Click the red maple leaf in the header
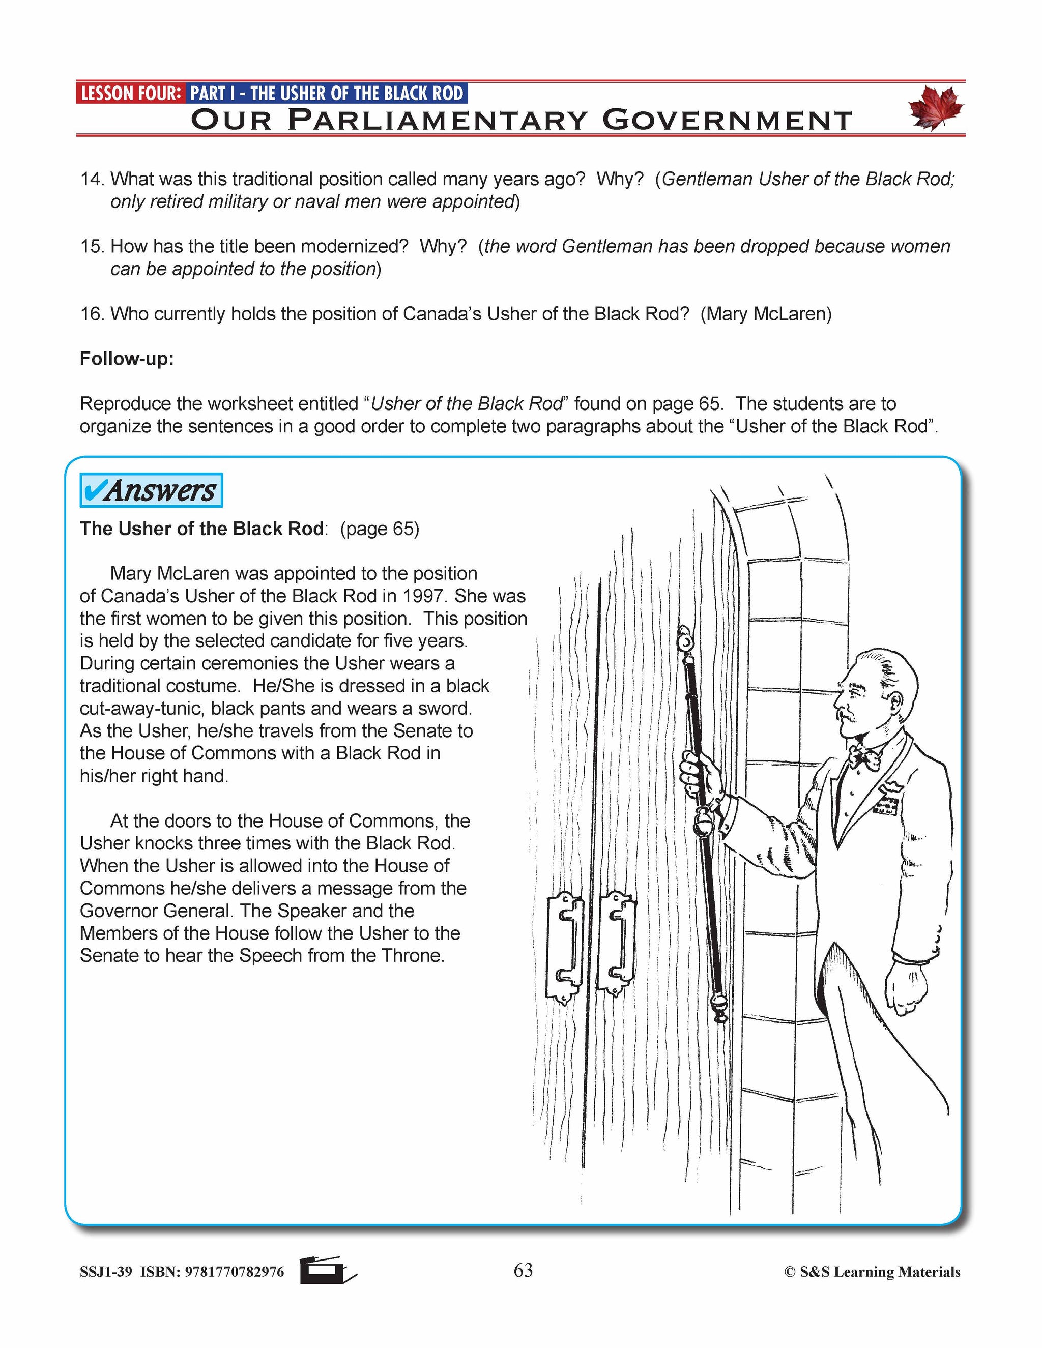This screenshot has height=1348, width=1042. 935,107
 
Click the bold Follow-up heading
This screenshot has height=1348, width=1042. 127,359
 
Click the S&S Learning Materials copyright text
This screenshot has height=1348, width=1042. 872,1272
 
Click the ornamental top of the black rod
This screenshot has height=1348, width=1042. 683,640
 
